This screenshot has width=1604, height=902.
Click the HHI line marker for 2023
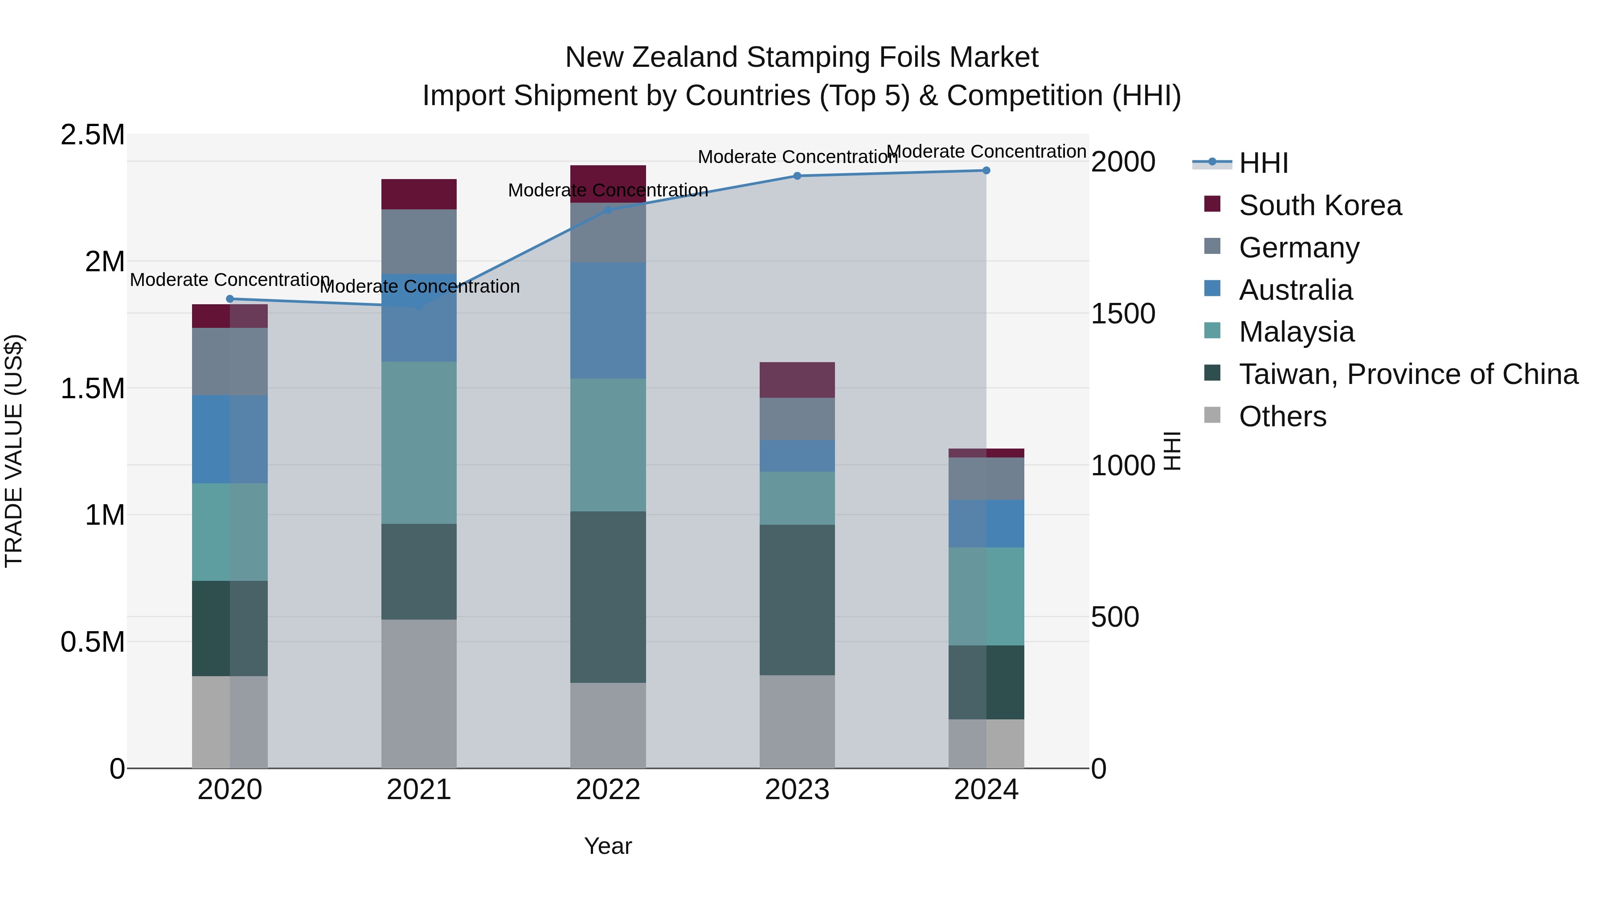click(x=797, y=176)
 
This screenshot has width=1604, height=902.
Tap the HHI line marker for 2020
click(x=230, y=299)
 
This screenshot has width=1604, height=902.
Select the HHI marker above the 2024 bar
click(x=986, y=170)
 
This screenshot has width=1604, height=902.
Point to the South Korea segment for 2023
click(x=797, y=380)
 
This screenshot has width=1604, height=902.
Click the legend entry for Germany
click(x=1299, y=248)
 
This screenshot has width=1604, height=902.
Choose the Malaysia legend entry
click(x=1297, y=332)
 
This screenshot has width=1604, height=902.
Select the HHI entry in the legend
click(x=1264, y=163)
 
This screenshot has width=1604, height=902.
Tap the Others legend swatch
click(x=1212, y=415)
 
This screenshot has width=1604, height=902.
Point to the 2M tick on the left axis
click(x=105, y=261)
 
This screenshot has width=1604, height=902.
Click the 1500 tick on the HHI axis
click(x=1123, y=314)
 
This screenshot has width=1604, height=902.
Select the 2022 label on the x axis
click(x=608, y=790)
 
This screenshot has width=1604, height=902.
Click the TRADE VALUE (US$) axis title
click(x=14, y=451)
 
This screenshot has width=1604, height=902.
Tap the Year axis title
click(x=608, y=846)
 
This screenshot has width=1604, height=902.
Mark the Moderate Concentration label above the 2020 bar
click(x=230, y=280)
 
